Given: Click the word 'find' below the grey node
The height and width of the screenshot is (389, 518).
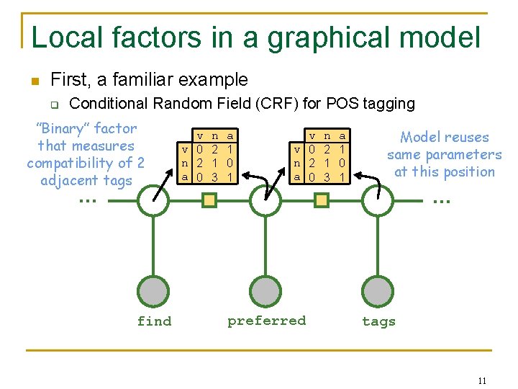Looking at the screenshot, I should pyautogui.click(x=155, y=321).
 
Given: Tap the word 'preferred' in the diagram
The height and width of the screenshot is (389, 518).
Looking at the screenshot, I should pyautogui.click(x=266, y=321).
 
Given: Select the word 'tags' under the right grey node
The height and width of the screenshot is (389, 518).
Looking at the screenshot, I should pyautogui.click(x=378, y=321).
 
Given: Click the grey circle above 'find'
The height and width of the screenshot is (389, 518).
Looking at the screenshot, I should pyautogui.click(x=154, y=291).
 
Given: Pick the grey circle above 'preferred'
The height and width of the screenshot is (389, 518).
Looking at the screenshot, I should pyautogui.click(x=266, y=291).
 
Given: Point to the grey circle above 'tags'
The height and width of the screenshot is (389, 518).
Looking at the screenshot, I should pyautogui.click(x=378, y=291).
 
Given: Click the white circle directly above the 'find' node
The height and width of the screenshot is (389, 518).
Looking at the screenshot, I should pyautogui.click(x=154, y=200).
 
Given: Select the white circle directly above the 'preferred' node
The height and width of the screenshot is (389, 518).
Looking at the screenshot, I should pyautogui.click(x=266, y=200).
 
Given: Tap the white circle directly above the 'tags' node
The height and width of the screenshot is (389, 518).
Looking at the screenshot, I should pyautogui.click(x=378, y=200).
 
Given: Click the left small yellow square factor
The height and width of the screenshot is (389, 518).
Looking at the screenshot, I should pyautogui.click(x=209, y=201).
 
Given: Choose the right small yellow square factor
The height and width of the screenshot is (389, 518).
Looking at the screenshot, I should pyautogui.click(x=322, y=201).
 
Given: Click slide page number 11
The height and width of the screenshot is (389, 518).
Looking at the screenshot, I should pyautogui.click(x=482, y=380).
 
